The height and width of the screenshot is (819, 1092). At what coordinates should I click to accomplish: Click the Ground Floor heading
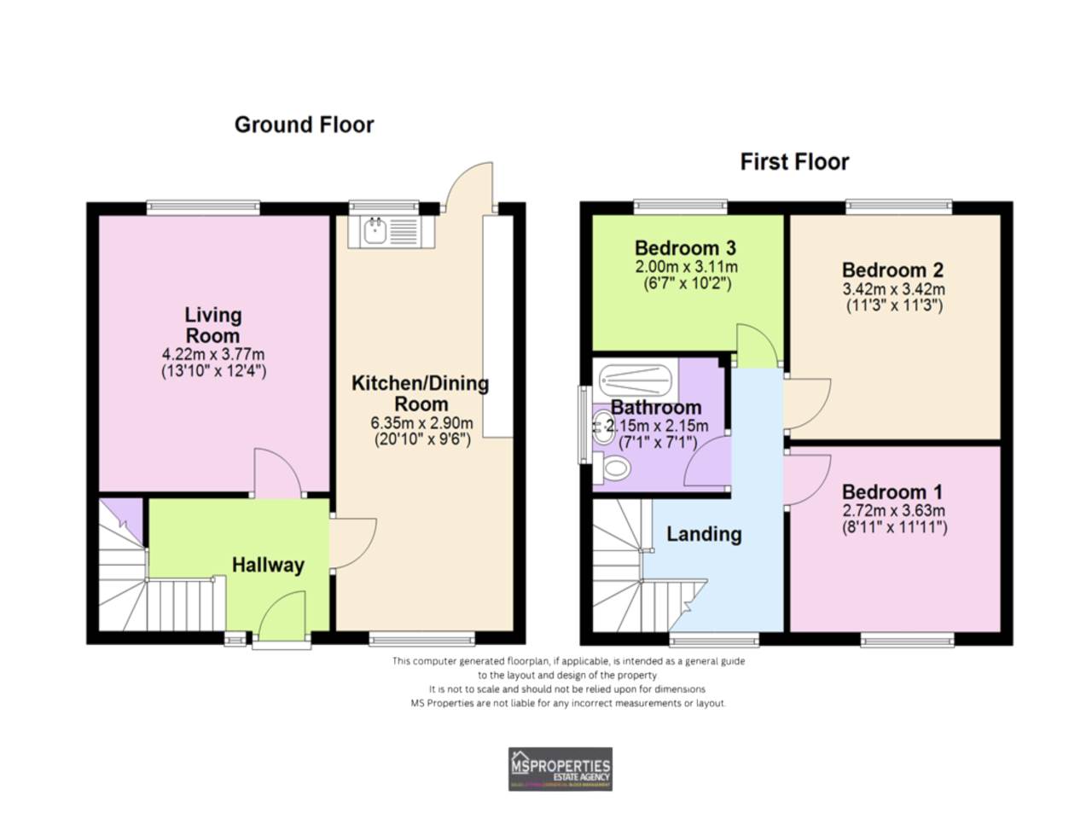304,125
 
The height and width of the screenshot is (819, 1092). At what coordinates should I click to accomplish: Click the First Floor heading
793,162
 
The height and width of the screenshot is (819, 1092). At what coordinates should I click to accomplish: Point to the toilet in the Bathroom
615,468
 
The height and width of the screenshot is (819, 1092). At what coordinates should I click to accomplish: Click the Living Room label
213,325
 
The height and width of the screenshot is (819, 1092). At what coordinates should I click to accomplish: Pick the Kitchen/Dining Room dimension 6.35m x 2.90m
421,423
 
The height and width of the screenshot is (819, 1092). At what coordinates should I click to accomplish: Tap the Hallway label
268,565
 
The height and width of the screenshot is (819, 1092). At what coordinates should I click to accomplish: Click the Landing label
704,534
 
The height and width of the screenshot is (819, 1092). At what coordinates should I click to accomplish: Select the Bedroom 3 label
685,248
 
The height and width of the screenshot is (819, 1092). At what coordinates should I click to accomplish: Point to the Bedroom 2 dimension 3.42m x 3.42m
893,289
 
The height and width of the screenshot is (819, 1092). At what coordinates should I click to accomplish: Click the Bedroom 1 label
892,492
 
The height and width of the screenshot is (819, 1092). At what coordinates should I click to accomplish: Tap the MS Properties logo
560,769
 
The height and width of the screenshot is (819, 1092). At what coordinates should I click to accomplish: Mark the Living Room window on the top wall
203,206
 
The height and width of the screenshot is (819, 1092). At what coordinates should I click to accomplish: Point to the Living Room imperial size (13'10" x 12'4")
213,371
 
